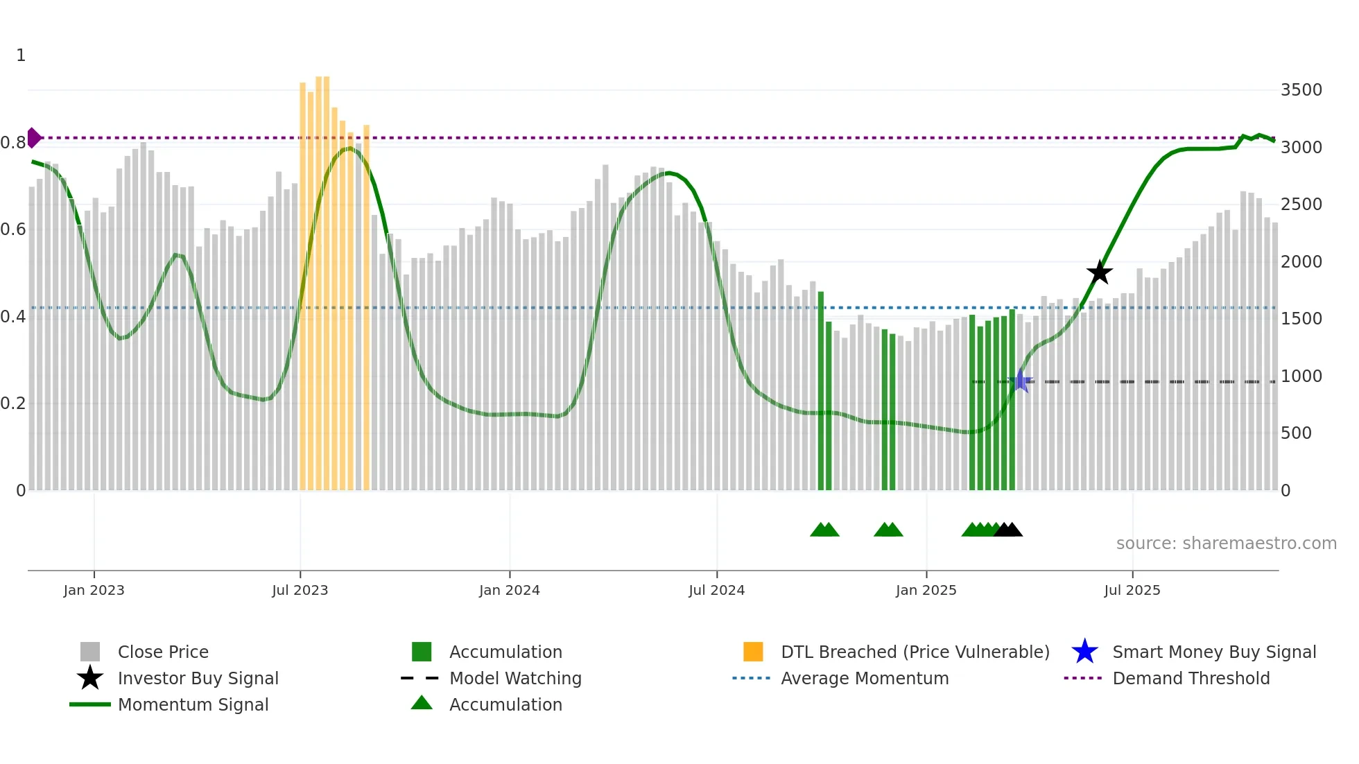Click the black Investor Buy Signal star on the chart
pyautogui.click(x=1099, y=272)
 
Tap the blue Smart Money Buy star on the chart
pyautogui.click(x=1020, y=381)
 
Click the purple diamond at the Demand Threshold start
pyautogui.click(x=33, y=137)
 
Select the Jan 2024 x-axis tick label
pyautogui.click(x=509, y=590)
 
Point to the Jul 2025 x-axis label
pyautogui.click(x=1132, y=590)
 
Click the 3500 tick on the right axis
pyautogui.click(x=1301, y=90)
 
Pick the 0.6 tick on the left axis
pyautogui.click(x=13, y=229)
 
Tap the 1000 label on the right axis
pyautogui.click(x=1301, y=376)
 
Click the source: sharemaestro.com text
pyautogui.click(x=1226, y=544)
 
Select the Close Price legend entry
pyautogui.click(x=163, y=652)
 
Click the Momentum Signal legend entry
pyautogui.click(x=193, y=704)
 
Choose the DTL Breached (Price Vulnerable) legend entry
pyautogui.click(x=915, y=652)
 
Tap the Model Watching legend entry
pyautogui.click(x=515, y=678)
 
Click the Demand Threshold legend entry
pyautogui.click(x=1191, y=678)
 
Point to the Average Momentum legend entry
pyautogui.click(x=864, y=678)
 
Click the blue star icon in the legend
pyautogui.click(x=1084, y=652)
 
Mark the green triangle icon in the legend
pyautogui.click(x=422, y=703)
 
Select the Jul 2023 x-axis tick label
pyautogui.click(x=300, y=590)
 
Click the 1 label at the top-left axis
pyautogui.click(x=21, y=55)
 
